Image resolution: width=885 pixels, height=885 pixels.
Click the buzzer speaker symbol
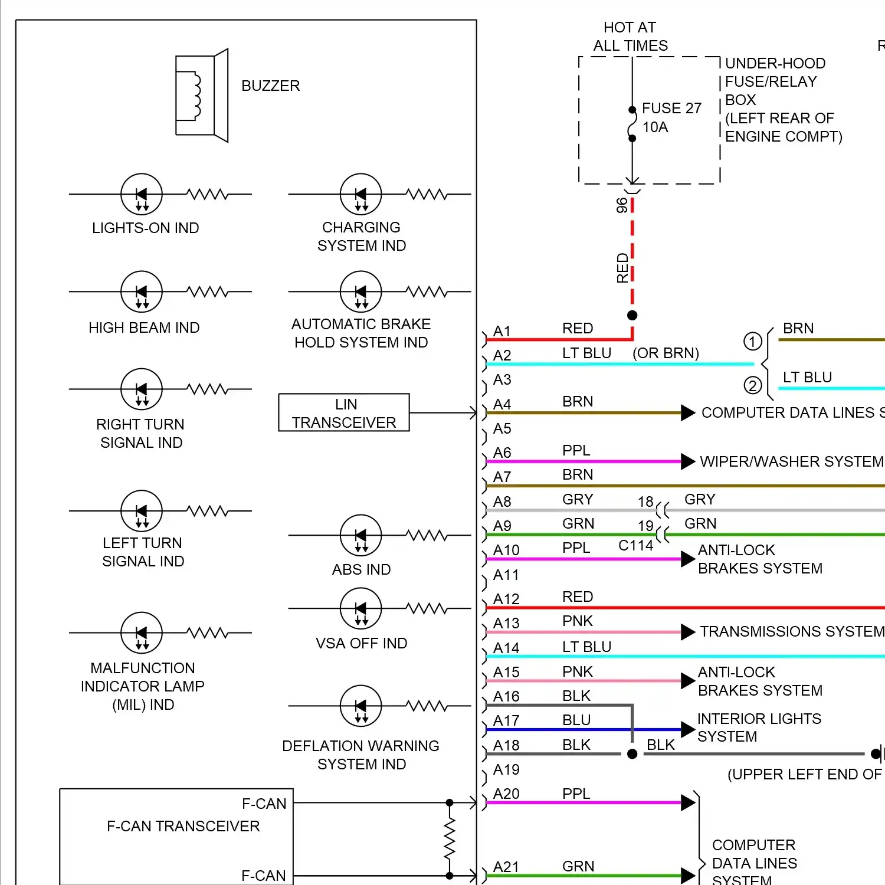202,96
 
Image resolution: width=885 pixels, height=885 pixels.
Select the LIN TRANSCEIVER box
344,412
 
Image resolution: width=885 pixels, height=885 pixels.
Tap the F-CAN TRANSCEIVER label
183,826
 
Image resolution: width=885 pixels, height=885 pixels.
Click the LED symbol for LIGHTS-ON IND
142,194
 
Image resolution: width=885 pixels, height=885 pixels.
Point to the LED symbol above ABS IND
361,535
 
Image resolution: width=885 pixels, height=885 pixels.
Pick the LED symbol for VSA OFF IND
361,608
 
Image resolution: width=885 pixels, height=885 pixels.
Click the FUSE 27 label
671,108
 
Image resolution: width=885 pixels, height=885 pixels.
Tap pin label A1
501,331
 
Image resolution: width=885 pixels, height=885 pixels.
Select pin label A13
506,623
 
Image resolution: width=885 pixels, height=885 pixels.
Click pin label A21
506,867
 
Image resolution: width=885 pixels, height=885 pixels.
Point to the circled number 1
752,341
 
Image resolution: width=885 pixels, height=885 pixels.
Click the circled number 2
752,386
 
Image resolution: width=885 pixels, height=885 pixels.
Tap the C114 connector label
636,545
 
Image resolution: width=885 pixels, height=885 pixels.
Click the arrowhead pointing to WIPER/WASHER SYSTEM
688,461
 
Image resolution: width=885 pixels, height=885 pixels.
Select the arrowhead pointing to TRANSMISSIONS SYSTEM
688,632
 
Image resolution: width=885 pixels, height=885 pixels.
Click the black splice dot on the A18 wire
632,754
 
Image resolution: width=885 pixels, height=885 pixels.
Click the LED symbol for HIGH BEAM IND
142,291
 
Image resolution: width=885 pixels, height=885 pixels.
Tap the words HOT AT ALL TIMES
631,37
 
